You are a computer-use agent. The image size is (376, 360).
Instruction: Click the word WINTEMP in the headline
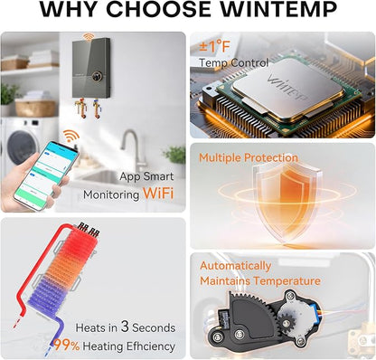point(278,9)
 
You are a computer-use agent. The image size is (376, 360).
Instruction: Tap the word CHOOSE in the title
point(159,9)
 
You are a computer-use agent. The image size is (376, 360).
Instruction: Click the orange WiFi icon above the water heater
point(89,37)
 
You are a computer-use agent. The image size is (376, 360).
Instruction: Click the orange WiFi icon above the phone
point(71,136)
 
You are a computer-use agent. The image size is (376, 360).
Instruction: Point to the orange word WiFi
point(158,194)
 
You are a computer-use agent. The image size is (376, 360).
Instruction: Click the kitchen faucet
point(133,150)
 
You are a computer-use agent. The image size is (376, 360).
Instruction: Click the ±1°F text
point(214,47)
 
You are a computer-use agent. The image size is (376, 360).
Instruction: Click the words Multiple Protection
point(249,157)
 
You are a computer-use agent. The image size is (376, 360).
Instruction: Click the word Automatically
point(236,266)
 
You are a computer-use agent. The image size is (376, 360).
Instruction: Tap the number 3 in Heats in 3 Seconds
point(125,327)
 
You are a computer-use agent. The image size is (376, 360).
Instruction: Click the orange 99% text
point(67,346)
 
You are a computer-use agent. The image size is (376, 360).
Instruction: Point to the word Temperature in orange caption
point(287,281)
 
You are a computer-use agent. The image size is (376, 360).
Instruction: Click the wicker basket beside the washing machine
point(35,108)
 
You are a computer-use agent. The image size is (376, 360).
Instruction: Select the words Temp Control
point(233,63)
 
